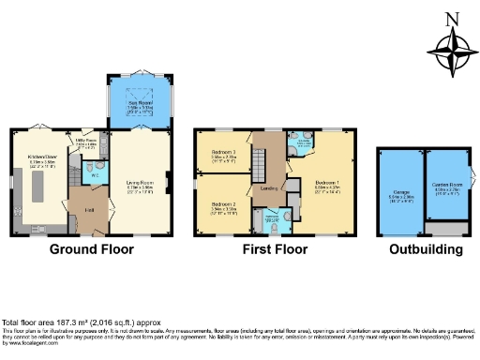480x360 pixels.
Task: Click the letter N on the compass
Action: pos(452,18)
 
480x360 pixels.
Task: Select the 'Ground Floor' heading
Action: pos(91,249)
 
